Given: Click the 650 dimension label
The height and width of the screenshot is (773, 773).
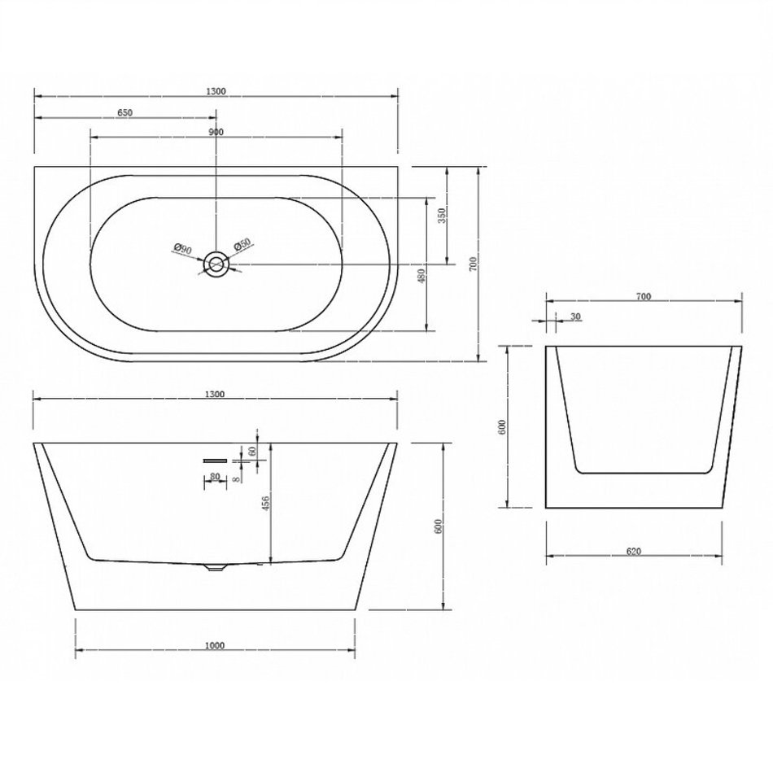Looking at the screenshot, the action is click(124, 113).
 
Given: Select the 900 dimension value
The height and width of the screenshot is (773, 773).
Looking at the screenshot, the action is click(216, 132).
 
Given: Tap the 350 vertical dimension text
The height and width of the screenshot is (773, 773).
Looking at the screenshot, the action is click(442, 215).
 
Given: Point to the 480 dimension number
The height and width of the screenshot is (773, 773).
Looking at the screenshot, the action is click(421, 277).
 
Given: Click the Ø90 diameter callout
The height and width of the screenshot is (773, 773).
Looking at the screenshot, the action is click(183, 249).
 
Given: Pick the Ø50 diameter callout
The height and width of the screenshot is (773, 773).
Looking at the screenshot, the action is click(242, 245).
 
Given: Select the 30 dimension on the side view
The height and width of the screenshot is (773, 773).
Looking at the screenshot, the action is click(576, 317).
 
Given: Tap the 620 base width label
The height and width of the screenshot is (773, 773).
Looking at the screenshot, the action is click(634, 551).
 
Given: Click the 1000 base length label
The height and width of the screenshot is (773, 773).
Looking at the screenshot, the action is click(215, 645).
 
